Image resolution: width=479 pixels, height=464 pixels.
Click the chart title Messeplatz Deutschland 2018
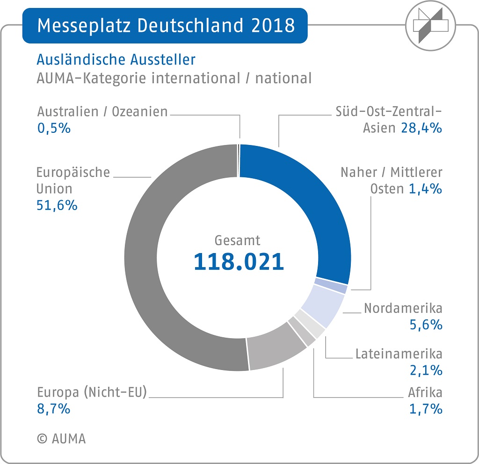point(166,25)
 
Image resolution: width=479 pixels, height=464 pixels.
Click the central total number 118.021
point(239,262)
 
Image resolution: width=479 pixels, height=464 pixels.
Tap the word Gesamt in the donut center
point(237,240)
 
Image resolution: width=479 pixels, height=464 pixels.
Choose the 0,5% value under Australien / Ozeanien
point(54,128)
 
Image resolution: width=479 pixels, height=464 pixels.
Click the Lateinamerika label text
point(399,353)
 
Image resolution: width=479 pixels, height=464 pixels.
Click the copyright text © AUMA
point(61,439)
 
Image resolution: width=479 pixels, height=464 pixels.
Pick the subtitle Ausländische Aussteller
point(116,60)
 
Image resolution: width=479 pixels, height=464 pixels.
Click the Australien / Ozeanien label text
point(102,112)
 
